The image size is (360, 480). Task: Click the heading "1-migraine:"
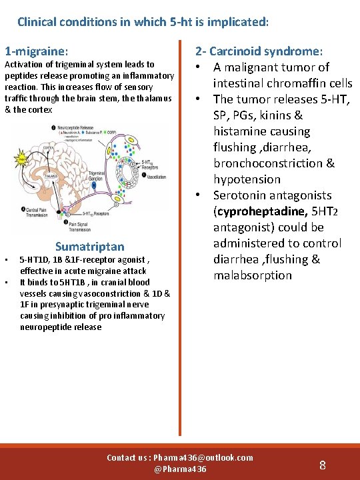coord(37,51)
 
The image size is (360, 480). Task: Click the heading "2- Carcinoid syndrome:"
coord(259,51)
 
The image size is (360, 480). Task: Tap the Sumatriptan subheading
coord(89,247)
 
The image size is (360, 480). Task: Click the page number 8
coord(323,465)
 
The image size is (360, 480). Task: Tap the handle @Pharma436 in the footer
coord(180,469)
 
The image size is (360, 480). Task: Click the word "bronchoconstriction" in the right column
coord(274,163)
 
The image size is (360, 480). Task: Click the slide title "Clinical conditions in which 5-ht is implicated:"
coord(143,21)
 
